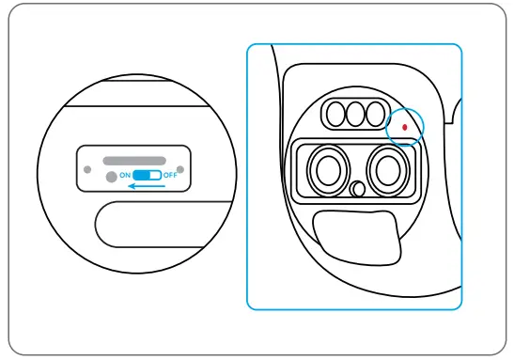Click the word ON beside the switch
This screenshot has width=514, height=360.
[125, 176]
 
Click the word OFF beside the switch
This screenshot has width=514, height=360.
[170, 176]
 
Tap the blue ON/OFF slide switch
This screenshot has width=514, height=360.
[147, 176]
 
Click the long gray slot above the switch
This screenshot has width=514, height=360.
[134, 161]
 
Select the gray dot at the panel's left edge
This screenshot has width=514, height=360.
[87, 170]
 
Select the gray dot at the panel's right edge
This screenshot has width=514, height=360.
[180, 170]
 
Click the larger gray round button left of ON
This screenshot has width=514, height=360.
[111, 177]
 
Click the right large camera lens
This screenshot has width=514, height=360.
[384, 170]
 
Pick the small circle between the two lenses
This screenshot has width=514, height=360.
[356, 189]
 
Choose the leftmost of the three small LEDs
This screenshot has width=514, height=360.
[335, 115]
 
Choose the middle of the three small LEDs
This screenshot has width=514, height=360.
[355, 115]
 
